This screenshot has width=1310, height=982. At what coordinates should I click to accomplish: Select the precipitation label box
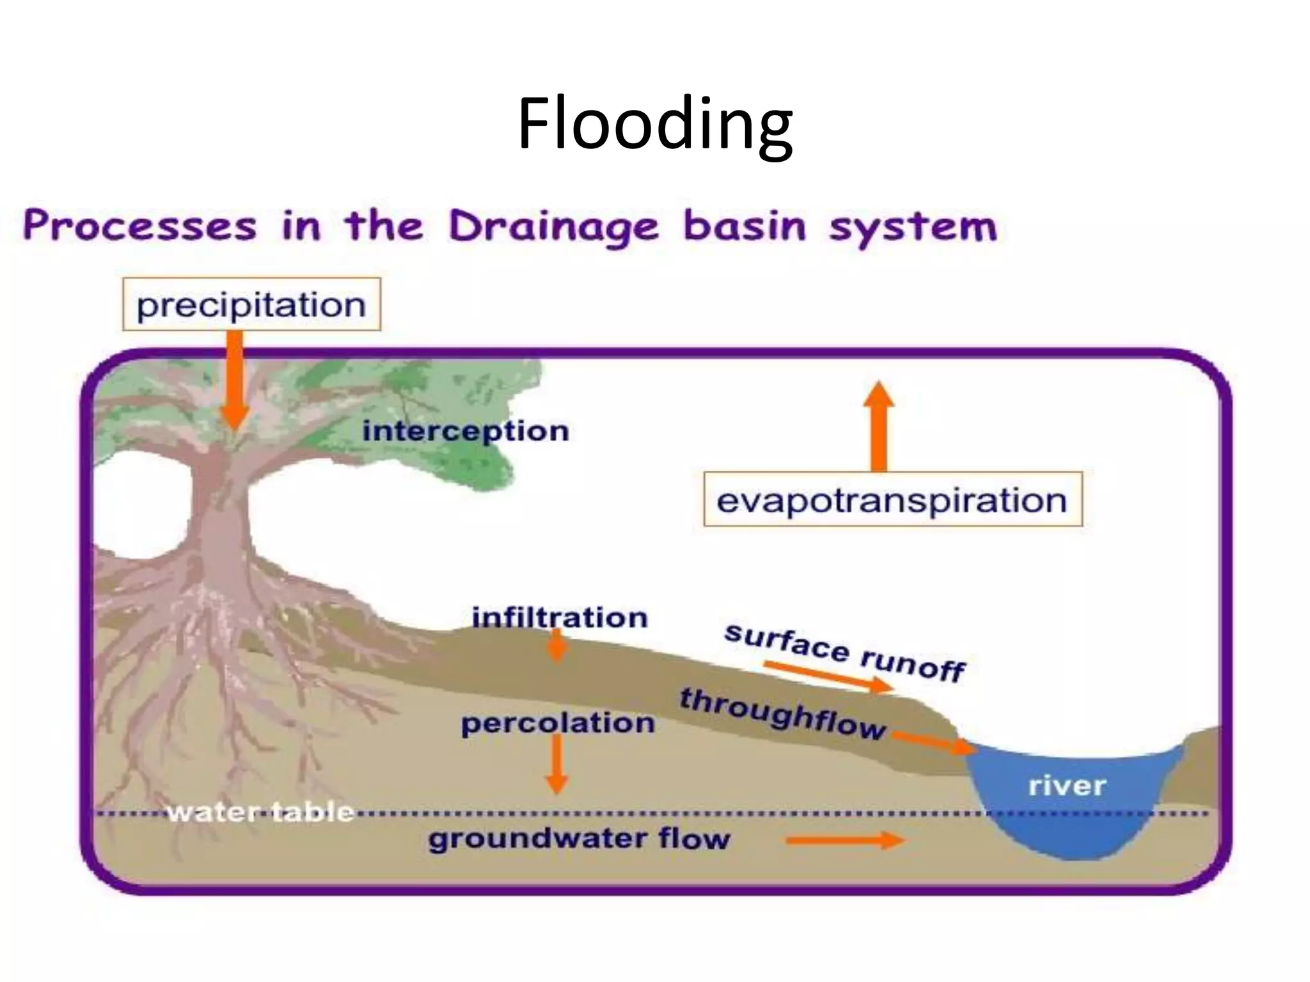tap(251, 304)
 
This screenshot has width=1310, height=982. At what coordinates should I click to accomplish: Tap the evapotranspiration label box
tap(892, 500)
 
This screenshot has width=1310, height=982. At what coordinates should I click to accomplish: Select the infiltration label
tap(560, 618)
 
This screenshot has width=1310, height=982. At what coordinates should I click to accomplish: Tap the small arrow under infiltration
tap(558, 647)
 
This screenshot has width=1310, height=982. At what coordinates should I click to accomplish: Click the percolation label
tap(558, 723)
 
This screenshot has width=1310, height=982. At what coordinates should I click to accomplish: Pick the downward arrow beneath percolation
tap(556, 764)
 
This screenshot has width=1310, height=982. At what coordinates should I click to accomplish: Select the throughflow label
tap(782, 713)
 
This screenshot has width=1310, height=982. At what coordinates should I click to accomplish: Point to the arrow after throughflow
tap(933, 743)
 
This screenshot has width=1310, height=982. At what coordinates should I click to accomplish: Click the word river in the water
tap(1067, 786)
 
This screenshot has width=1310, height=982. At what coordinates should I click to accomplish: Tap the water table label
tap(260, 812)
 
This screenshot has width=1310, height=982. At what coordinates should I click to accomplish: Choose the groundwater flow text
tap(579, 838)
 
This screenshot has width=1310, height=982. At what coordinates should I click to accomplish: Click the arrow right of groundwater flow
tap(844, 839)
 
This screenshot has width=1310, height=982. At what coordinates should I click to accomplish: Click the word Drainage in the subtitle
tap(553, 226)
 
